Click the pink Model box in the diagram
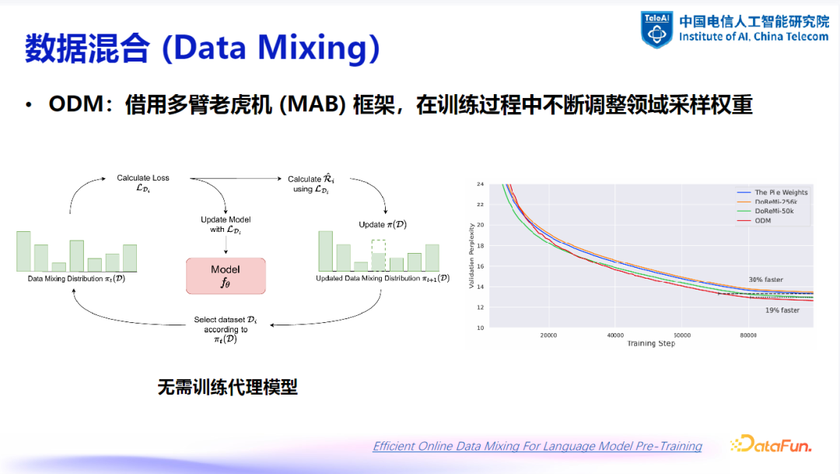[x=226, y=275]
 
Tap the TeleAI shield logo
[x=656, y=29]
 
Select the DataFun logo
[x=770, y=445]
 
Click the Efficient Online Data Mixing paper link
[x=537, y=446]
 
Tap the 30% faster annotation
[x=765, y=279]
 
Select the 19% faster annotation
[x=782, y=310]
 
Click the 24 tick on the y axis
[x=480, y=184]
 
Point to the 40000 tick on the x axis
[x=614, y=335]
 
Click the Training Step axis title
[x=650, y=343]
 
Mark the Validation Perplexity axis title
[x=471, y=256]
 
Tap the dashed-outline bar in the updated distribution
[x=379, y=255]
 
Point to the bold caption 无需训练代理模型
[x=228, y=387]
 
